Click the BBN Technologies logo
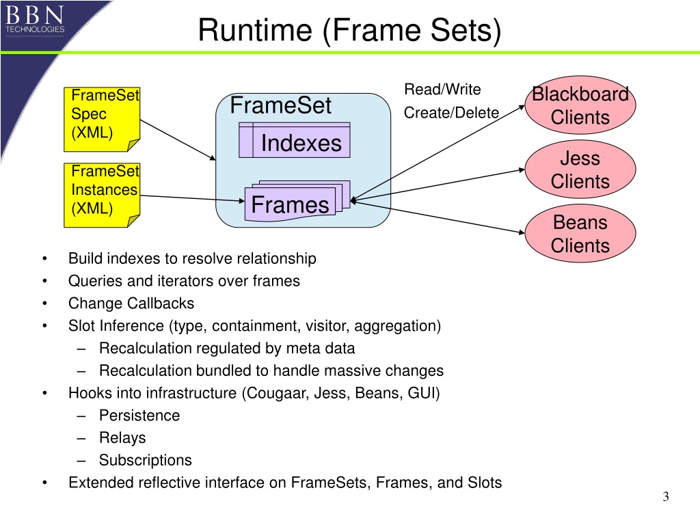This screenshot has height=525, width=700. pos(35,19)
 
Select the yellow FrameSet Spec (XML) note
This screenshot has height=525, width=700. pos(102,119)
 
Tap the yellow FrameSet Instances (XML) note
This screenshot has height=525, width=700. pos(102,195)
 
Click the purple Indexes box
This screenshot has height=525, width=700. pos(295,140)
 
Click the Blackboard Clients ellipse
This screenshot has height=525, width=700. pos(580,105)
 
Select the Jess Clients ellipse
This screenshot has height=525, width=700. pos(580,170)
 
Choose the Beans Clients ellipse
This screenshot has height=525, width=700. pos(580,234)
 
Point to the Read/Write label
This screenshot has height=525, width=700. pos(442,90)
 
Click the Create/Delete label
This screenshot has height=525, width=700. pos(451,113)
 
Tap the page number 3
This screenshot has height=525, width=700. pos(666,497)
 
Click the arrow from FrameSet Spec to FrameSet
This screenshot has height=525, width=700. pos(178,140)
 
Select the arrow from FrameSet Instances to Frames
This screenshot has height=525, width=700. pos(192,198)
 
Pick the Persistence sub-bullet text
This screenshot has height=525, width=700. pos(139,416)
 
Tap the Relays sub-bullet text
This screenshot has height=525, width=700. pos(122,438)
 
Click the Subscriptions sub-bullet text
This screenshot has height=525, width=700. pos(146,460)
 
